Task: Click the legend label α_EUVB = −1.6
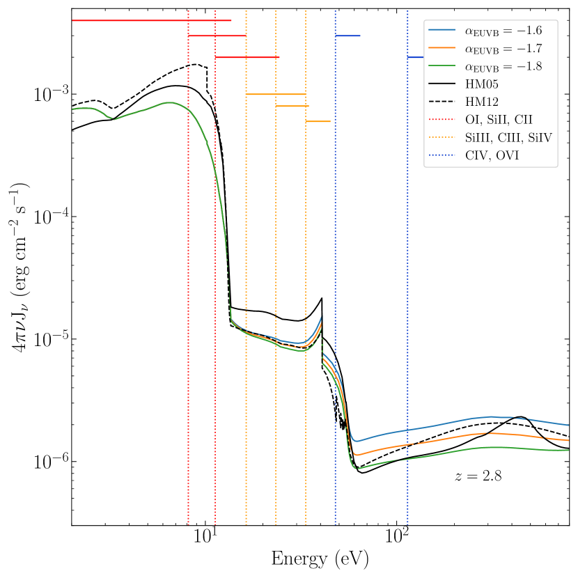pos(503,31)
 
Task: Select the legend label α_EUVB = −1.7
pos(503,49)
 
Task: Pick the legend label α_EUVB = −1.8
pos(503,67)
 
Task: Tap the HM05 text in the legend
pos(482,84)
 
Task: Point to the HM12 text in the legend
pos(482,102)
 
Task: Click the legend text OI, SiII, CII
pos(499,120)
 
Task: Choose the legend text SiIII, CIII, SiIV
pos(508,138)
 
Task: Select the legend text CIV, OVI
pos(492,155)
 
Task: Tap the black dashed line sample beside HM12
pos(442,102)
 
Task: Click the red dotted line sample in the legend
pos(442,120)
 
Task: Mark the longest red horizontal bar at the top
pos(152,20)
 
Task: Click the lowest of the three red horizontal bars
pos(247,57)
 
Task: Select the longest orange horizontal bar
pos(276,94)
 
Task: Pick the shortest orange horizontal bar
pos(318,121)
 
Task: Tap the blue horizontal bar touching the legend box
pos(416,57)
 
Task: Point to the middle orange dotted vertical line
pos(276,279)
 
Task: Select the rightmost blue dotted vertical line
pos(407,279)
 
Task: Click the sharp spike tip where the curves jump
pos(322,316)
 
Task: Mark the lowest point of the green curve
pos(358,469)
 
